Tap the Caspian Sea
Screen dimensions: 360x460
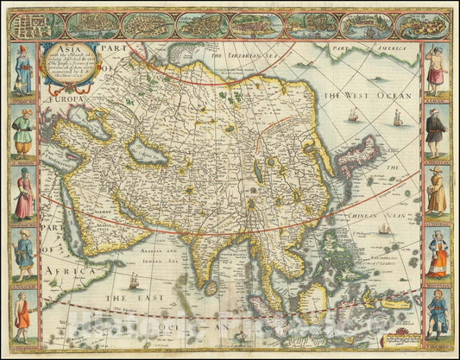click(142, 158)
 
